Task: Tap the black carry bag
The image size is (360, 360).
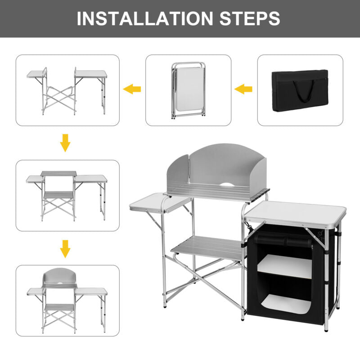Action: (300, 90)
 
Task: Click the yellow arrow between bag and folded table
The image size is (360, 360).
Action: (243, 89)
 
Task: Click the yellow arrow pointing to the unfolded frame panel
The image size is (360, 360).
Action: (132, 89)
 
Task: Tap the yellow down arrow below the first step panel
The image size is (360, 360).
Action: (66, 143)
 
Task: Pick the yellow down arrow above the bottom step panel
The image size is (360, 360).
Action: (66, 249)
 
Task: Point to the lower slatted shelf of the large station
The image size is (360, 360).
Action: (207, 247)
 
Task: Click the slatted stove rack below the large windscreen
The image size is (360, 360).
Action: (216, 194)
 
